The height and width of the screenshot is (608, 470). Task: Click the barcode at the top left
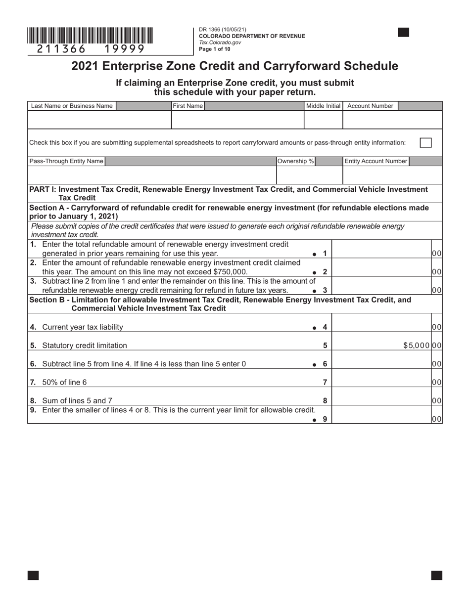(x=90, y=36)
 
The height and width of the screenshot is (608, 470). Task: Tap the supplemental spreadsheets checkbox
(x=425, y=142)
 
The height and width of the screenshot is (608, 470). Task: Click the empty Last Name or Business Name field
(x=99, y=120)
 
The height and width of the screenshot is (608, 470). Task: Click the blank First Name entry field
(x=237, y=120)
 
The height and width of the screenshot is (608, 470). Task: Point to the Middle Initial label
(x=323, y=106)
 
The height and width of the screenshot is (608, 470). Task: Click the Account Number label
(x=370, y=106)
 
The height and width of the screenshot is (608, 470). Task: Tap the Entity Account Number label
(x=376, y=161)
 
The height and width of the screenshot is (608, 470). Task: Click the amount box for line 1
(x=381, y=249)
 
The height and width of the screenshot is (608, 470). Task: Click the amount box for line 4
(x=381, y=323)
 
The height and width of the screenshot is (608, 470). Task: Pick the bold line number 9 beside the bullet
(x=325, y=419)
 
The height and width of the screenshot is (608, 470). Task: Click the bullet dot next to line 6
(x=314, y=365)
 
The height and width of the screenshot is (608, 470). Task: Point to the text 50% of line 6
(x=64, y=382)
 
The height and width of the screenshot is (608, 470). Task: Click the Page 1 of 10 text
(x=214, y=49)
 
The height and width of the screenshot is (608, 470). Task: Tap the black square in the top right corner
(x=403, y=33)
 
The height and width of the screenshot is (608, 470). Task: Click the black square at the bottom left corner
(x=33, y=575)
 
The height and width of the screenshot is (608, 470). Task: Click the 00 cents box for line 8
(x=436, y=401)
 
